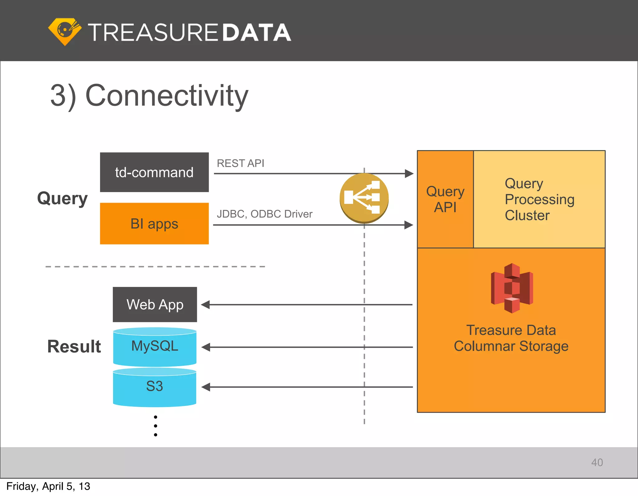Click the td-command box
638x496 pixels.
(154, 172)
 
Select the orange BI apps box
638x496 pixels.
(154, 224)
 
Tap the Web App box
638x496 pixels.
(155, 305)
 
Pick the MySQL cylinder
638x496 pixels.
(155, 347)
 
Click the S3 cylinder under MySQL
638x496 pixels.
(155, 387)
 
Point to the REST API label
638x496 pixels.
(240, 163)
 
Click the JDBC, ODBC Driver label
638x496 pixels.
(264, 214)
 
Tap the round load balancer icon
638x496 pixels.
(364, 198)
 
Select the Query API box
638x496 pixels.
(445, 199)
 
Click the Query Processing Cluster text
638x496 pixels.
(539, 199)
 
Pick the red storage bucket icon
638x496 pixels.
(512, 288)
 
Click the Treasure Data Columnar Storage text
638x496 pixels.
(511, 338)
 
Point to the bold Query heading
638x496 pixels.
(62, 198)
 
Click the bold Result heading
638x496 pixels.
(74, 346)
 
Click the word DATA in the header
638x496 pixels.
(257, 33)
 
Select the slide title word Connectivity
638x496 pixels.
(167, 96)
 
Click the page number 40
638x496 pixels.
(597, 462)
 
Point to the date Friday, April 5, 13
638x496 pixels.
(48, 486)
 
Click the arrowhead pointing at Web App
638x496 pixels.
(206, 305)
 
